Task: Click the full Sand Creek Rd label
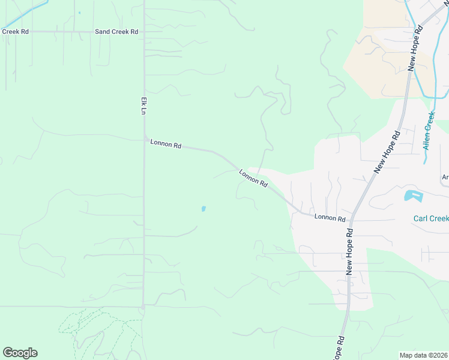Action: tap(116, 31)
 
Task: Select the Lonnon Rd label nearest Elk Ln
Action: tap(166, 143)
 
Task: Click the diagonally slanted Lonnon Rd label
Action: tap(253, 178)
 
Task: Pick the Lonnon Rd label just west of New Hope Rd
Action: tap(330, 218)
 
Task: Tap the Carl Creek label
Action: tap(430, 218)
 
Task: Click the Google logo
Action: tap(20, 353)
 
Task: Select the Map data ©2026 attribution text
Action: tap(424, 355)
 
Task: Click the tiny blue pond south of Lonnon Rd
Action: tap(203, 209)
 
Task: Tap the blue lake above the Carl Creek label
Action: tap(413, 196)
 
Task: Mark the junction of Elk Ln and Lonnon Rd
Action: tap(144, 139)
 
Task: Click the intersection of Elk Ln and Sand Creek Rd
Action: tap(143, 31)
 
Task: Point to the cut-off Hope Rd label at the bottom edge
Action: tap(339, 347)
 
